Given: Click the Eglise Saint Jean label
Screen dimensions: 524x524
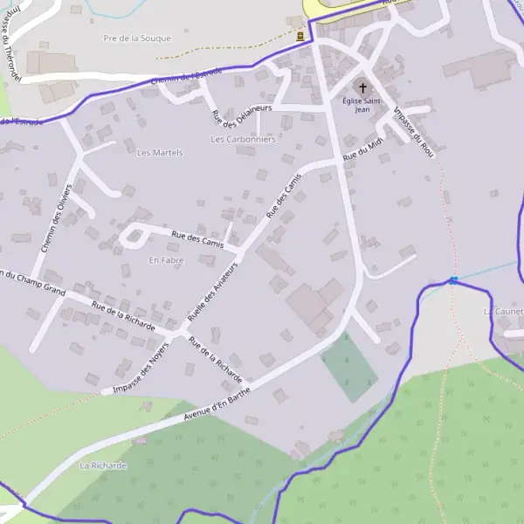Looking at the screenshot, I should (x=362, y=105).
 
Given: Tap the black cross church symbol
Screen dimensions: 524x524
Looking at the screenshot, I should (x=362, y=88).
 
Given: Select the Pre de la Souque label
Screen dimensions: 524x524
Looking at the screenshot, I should (x=137, y=38).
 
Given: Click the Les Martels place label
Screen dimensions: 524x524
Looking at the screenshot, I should (x=160, y=153).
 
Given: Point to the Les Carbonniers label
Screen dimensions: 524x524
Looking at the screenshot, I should (x=243, y=139).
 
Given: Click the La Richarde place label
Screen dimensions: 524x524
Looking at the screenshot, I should (x=103, y=465).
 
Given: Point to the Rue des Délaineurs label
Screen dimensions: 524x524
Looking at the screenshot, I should (x=241, y=115).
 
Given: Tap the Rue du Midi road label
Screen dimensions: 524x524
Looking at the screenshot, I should (x=362, y=150).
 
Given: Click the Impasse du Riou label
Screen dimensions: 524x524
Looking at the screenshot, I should (x=415, y=132).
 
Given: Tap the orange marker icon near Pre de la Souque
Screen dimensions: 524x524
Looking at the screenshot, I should (x=301, y=37).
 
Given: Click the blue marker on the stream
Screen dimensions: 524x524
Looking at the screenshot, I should (x=453, y=280).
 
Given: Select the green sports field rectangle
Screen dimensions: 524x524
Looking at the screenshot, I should (x=349, y=367).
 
